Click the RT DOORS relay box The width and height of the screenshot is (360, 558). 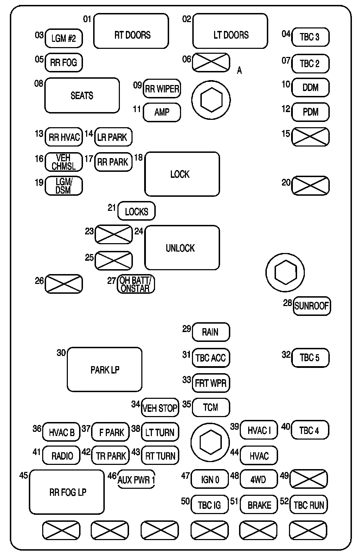tap(131, 31)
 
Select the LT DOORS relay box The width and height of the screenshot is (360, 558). tap(230, 31)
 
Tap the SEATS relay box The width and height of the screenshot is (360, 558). tap(82, 95)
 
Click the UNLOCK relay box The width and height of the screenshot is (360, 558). tap(182, 248)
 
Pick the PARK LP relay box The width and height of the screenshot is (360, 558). tap(104, 369)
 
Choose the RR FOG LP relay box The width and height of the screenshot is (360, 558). tap(67, 492)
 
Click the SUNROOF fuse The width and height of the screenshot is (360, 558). tap(311, 306)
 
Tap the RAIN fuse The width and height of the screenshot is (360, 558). tap(211, 332)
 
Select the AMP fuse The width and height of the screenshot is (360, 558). tap(162, 112)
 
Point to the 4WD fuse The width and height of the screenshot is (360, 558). tap(258, 479)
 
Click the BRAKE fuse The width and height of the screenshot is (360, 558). tap(259, 505)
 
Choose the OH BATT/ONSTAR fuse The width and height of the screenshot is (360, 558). tap(136, 284)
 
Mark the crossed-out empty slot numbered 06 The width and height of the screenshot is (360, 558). tap(211, 63)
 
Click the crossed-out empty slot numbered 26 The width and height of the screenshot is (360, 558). tap(64, 284)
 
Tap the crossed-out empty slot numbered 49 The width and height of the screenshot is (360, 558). tap(308, 479)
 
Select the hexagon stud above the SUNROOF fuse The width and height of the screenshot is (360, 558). tap(285, 273)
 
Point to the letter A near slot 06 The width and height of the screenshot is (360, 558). tap(239, 71)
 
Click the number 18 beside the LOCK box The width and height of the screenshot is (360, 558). tap(139, 157)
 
